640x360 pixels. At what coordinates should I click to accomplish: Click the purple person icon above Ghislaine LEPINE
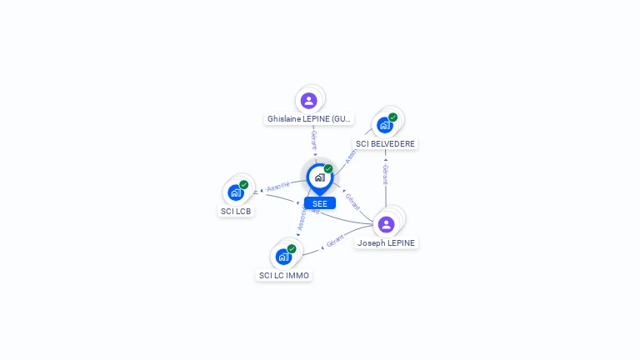click(309, 101)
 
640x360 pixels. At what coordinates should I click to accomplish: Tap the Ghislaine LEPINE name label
click(309, 119)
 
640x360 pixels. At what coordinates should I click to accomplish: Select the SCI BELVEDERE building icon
click(384, 125)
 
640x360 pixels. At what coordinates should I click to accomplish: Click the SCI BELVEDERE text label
click(385, 143)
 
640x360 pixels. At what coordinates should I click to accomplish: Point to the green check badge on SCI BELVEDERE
click(392, 117)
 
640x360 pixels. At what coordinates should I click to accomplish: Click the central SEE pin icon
click(319, 177)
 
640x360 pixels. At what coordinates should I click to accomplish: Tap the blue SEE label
click(320, 203)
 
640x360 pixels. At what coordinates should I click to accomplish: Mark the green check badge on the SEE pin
click(328, 169)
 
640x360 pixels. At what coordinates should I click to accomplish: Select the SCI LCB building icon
click(236, 192)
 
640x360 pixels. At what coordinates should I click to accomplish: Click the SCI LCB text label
click(236, 211)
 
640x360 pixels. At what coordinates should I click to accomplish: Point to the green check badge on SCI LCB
click(244, 185)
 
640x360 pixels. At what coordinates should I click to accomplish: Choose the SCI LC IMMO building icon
click(283, 257)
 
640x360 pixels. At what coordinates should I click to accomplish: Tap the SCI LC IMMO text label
click(284, 275)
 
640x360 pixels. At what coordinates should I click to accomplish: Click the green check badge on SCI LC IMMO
click(292, 249)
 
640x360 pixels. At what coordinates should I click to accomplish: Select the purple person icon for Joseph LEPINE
click(386, 224)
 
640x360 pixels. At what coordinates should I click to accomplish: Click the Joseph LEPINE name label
click(387, 243)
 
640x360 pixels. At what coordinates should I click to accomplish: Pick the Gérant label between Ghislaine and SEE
click(314, 140)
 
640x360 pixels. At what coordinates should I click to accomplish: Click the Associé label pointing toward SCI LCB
click(278, 187)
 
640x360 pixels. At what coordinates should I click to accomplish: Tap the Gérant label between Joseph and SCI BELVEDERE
click(385, 173)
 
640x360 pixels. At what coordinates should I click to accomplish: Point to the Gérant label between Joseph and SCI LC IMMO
click(335, 242)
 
